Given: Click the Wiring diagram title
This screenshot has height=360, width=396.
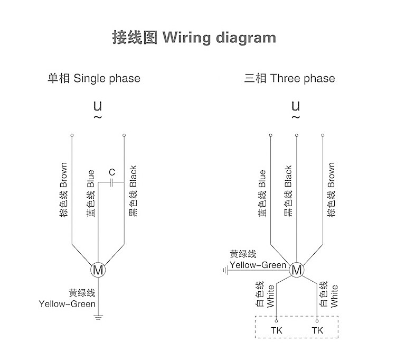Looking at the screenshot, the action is coord(194,38).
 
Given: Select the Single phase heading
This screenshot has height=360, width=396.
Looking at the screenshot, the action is coord(94,78).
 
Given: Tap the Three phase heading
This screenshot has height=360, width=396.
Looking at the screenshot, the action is coord(290,78).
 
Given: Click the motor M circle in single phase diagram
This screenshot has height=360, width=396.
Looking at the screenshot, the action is coord(98,270).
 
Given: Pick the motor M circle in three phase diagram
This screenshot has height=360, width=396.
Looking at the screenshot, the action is coord(297,270).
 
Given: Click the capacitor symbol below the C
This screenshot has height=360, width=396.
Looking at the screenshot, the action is coord(111,182).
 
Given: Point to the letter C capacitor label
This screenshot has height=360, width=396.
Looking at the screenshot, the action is coord(112,172).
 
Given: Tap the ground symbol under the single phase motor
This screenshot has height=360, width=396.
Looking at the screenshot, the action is coord(98,318).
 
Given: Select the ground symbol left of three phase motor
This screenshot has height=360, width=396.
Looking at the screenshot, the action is coord(226,271).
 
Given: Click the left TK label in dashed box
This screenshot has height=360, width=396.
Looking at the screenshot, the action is coord(277,330).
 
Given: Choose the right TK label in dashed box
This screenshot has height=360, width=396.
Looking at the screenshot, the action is coord(317,330).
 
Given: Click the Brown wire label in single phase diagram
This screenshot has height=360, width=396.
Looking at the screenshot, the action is coord(63,190).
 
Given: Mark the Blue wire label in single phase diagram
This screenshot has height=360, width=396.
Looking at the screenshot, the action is coord(91,193).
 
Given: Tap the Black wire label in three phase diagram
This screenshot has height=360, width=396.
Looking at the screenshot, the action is coord(288,191).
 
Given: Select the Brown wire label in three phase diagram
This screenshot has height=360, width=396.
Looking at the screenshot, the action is coord(331,190).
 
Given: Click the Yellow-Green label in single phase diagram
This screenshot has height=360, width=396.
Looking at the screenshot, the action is coord(67,298).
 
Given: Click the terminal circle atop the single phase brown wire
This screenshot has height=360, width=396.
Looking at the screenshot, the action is coord(72,135).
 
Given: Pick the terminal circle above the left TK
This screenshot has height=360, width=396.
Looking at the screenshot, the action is coord(276,321).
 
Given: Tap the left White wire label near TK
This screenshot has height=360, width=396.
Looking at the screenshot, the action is coord(265,294).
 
